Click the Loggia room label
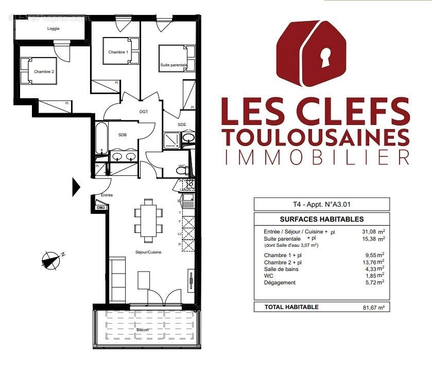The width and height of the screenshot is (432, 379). (x=54, y=29)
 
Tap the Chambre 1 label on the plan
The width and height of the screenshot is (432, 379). (x=118, y=52)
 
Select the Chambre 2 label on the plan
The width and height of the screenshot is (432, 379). (x=44, y=71)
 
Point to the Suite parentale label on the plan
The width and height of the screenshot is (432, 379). (x=174, y=65)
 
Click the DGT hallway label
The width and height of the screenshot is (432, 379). (x=144, y=111)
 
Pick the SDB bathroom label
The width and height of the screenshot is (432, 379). (x=123, y=135)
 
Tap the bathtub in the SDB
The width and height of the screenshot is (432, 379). (x=101, y=137)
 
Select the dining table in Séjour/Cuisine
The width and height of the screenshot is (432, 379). (x=148, y=220)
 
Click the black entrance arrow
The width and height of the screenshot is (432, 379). (x=76, y=187)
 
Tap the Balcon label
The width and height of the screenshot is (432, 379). (x=143, y=330)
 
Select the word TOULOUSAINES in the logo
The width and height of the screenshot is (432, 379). (x=316, y=137)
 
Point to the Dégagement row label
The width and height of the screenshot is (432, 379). (x=280, y=282)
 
